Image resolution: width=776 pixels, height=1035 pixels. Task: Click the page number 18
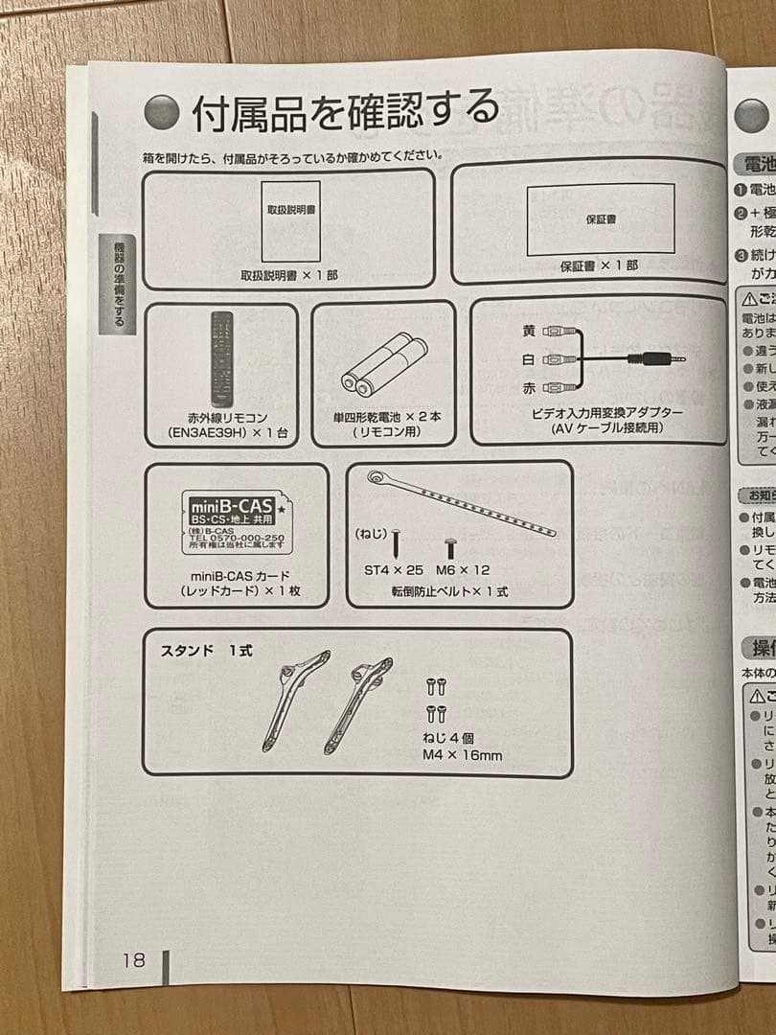[x=133, y=959]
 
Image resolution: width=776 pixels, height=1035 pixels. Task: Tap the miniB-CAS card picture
[x=233, y=524]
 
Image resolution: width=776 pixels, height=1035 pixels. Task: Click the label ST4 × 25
[x=394, y=569]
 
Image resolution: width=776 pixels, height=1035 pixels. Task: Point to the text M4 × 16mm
[x=462, y=754]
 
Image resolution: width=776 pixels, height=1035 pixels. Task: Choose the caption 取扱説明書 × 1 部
[x=288, y=275]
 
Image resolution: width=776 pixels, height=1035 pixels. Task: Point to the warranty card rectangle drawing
[x=600, y=218]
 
